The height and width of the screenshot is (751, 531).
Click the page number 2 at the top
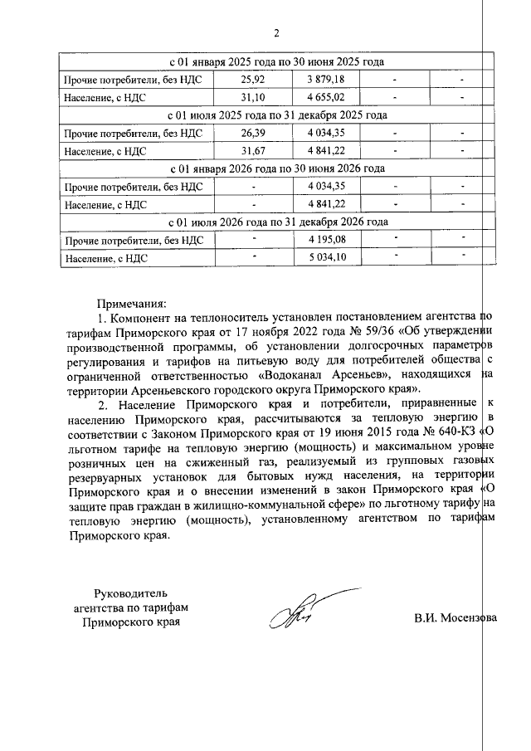click(277, 34)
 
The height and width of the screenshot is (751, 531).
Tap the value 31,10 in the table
click(251, 98)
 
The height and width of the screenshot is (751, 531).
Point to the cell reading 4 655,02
click(325, 98)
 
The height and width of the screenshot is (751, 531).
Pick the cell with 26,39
click(251, 133)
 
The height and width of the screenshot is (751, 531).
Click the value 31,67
click(251, 151)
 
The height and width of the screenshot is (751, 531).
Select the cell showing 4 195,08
click(325, 240)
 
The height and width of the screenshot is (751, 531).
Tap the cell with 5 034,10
click(325, 258)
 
